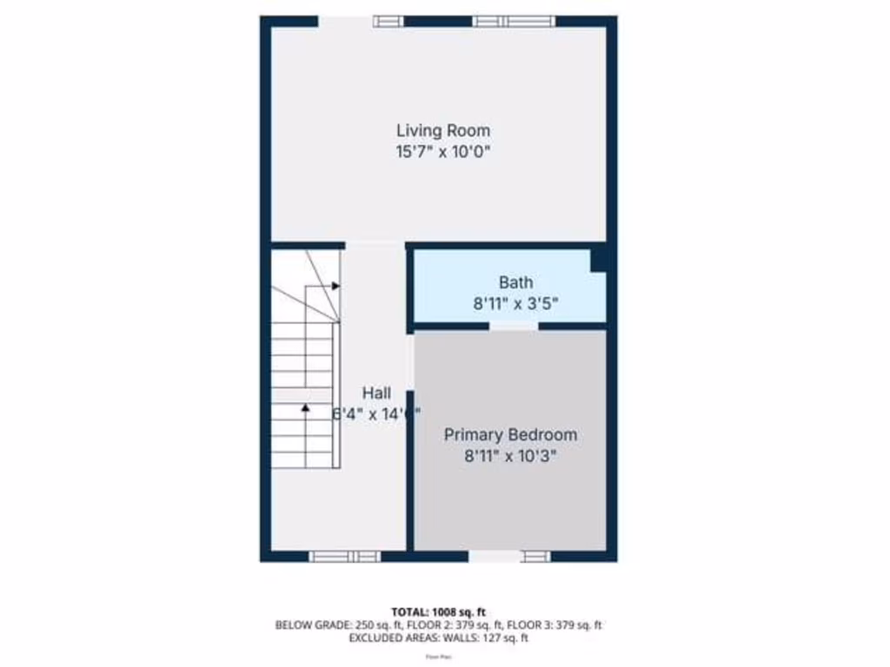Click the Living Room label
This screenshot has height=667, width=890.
coord(443,130)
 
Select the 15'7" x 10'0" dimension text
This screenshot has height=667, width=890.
coord(443,151)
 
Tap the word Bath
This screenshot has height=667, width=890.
coord(515,282)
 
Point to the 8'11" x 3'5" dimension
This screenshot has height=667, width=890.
coord(515,303)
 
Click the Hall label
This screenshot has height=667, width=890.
coord(376,393)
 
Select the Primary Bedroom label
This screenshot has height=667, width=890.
coord(510,434)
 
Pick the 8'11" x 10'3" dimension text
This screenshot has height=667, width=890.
coord(510,455)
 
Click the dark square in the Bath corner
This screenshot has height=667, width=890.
coord(598,259)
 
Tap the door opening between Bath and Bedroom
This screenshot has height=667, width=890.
coord(514,327)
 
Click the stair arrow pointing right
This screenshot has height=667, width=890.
coord(335,285)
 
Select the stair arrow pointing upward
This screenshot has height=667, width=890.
coord(305,406)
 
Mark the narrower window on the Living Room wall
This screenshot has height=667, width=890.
coord(389,22)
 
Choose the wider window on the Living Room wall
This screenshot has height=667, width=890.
coord(514,22)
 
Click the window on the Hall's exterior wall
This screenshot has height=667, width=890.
coord(345,556)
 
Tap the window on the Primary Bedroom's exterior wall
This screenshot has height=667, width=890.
coord(535,556)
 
